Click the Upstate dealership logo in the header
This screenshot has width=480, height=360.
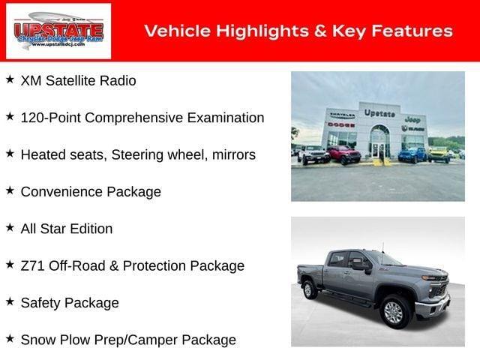[58, 31]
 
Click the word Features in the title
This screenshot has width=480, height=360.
[412, 31]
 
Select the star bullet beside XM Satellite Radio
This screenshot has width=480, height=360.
[10, 79]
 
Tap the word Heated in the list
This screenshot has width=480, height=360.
[43, 154]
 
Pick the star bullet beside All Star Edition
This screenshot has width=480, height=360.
[10, 227]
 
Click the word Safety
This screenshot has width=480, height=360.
[42, 303]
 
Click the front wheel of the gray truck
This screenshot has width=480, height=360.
[394, 310]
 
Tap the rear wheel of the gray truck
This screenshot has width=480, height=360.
[309, 289]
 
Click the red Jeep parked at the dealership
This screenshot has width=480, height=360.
[343, 154]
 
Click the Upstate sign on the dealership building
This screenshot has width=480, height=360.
[379, 112]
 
